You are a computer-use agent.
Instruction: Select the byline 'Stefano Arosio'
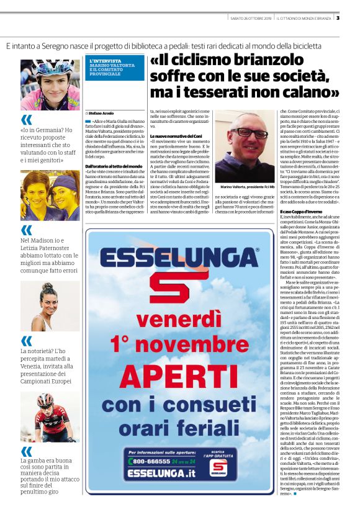point(104,114)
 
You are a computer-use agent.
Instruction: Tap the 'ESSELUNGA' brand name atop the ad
point(179,258)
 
